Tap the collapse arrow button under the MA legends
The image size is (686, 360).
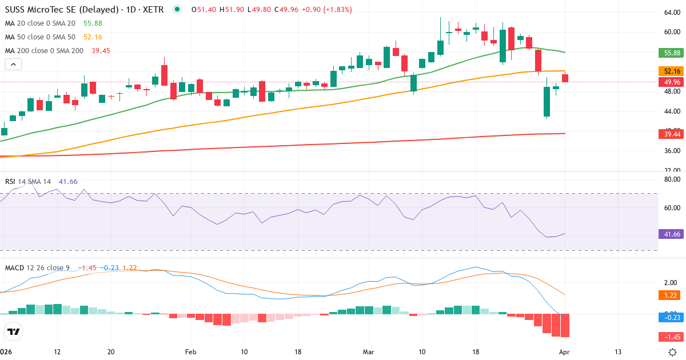pyautogui.click(x=13, y=65)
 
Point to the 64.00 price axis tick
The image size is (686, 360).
pyautogui.click(x=671, y=12)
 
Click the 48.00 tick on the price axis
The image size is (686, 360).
pyautogui.click(x=671, y=91)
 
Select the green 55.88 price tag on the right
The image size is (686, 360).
pyautogui.click(x=672, y=53)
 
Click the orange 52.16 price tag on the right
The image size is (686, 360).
pyautogui.click(x=672, y=71)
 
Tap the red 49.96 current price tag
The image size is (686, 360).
pyautogui.click(x=672, y=82)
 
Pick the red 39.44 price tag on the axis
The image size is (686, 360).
pyautogui.click(x=672, y=134)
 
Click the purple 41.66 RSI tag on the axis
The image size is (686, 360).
pyautogui.click(x=672, y=234)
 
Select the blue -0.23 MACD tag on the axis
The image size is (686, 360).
pyautogui.click(x=672, y=317)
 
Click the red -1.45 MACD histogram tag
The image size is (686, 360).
pyautogui.click(x=672, y=337)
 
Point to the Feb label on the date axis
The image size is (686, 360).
pyautogui.click(x=191, y=351)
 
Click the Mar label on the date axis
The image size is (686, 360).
pyautogui.click(x=368, y=351)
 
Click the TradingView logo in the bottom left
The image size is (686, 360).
pyautogui.click(x=13, y=331)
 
